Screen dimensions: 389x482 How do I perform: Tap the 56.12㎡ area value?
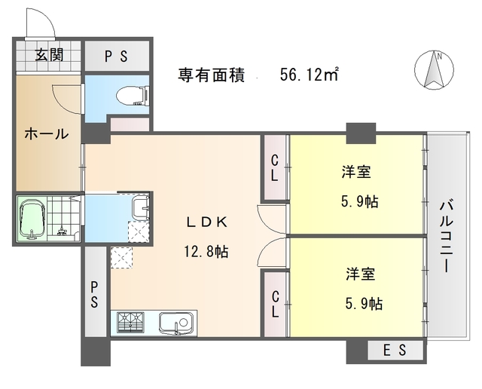(x=308, y=75)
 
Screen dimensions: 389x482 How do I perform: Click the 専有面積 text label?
(x=211, y=75)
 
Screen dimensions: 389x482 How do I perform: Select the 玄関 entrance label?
(x=48, y=55)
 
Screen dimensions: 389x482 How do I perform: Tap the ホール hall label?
(x=47, y=134)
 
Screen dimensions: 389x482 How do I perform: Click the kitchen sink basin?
(x=177, y=324)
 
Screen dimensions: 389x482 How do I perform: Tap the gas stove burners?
(x=132, y=324)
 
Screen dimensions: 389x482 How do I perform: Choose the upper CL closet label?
(x=275, y=168)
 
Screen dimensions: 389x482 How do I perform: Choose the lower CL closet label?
(x=275, y=303)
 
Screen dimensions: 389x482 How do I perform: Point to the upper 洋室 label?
(x=355, y=173)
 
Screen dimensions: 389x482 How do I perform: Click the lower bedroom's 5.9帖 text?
(x=364, y=304)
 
